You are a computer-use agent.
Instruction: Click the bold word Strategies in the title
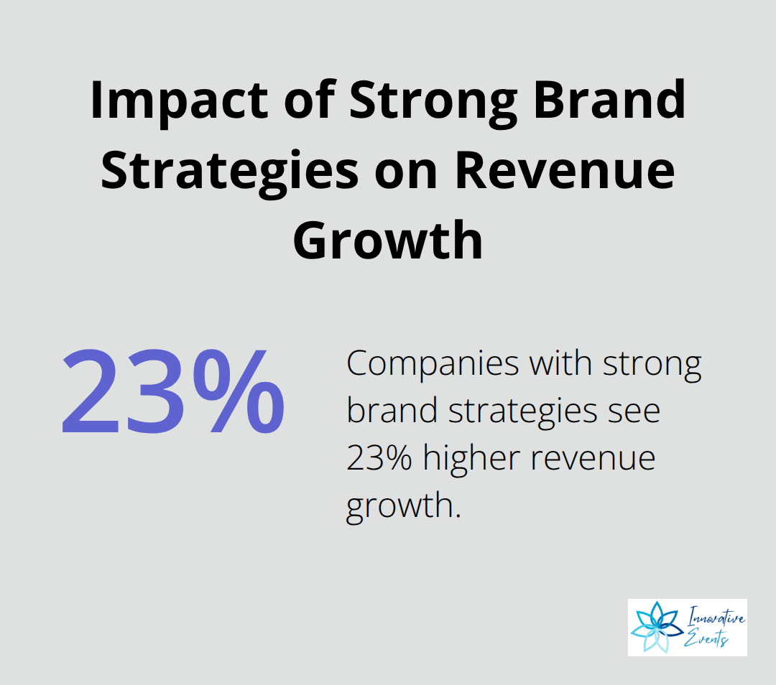click(229, 172)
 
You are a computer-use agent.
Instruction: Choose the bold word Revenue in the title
click(565, 171)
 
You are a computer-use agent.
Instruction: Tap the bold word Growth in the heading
click(388, 240)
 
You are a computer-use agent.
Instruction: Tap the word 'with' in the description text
click(560, 363)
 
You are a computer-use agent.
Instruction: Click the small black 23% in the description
click(379, 458)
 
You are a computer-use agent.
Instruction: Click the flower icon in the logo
click(657, 627)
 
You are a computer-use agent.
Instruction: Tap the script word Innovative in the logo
click(716, 617)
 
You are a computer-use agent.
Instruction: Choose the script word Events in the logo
click(706, 638)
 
